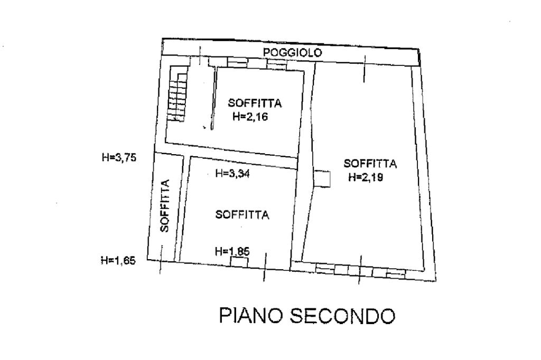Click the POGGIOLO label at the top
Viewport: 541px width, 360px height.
(292, 52)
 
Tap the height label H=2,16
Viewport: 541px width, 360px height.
(250, 117)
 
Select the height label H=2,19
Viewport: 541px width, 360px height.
(365, 178)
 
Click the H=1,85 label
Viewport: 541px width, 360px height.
(232, 252)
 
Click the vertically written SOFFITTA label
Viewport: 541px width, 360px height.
(164, 206)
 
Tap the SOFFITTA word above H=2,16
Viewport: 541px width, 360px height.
(254, 103)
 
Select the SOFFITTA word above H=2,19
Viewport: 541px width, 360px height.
(370, 163)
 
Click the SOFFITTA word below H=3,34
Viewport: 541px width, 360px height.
(242, 215)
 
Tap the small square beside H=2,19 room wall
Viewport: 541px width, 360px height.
(322, 178)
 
